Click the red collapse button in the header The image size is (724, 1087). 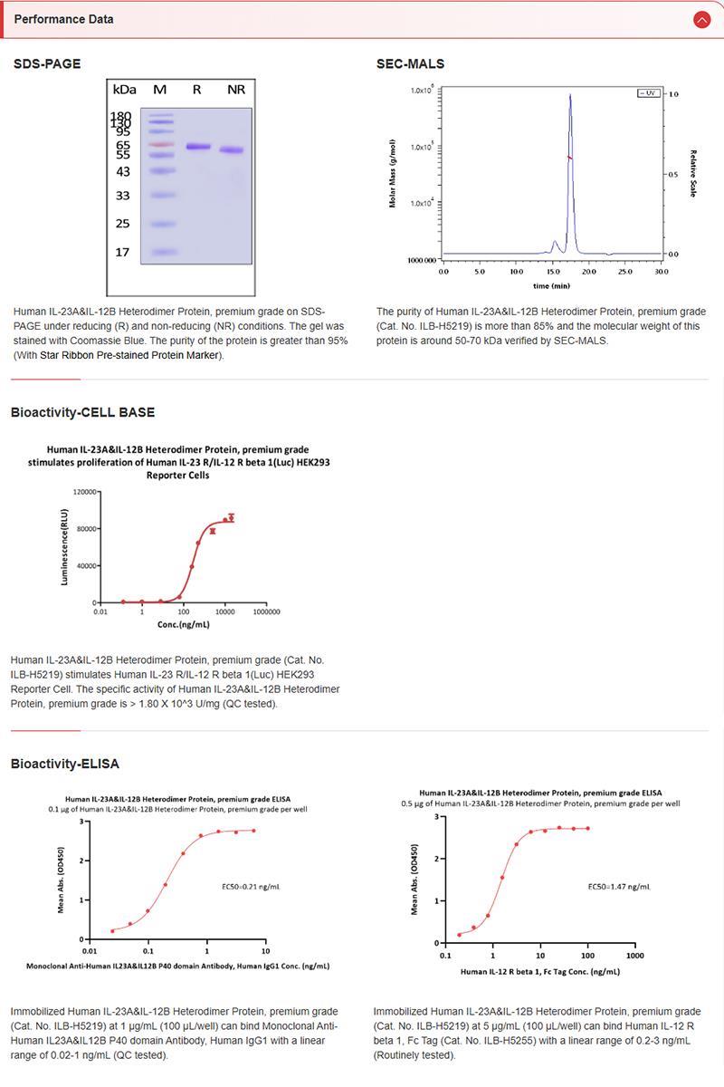coord(701,19)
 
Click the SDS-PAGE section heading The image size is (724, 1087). coord(47,64)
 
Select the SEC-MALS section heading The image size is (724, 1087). coord(410,64)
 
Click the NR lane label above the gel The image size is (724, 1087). coord(236,90)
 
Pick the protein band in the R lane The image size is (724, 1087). coord(198,146)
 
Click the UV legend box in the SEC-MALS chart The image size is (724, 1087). coord(648,93)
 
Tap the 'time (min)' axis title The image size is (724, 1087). coord(551,285)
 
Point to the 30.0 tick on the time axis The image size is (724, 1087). coord(662,271)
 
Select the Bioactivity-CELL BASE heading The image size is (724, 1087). coord(82,412)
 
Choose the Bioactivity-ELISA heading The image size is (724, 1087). coord(65,765)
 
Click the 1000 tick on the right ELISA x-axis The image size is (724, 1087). coord(634,955)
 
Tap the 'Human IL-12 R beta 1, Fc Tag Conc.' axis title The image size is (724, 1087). coord(539,971)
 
